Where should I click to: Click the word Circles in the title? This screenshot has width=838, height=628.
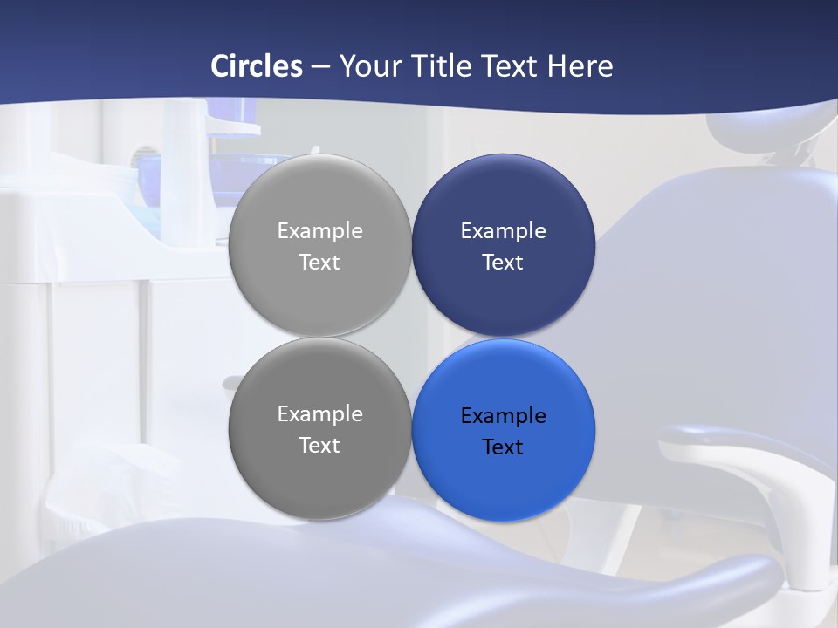[257, 66]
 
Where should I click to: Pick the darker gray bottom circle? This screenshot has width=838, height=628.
[319, 480]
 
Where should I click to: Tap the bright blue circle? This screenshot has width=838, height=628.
[503, 480]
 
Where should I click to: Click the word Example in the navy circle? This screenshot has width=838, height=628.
[503, 231]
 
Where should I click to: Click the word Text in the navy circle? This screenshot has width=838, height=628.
[503, 263]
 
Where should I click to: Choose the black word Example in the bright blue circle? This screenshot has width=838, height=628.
[503, 416]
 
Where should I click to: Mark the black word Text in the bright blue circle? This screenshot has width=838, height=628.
[503, 447]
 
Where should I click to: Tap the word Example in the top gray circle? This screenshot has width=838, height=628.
[319, 231]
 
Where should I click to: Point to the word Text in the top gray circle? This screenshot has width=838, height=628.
[319, 263]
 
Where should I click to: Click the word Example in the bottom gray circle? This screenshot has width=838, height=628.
[319, 414]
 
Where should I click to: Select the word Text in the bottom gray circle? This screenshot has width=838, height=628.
[319, 446]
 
